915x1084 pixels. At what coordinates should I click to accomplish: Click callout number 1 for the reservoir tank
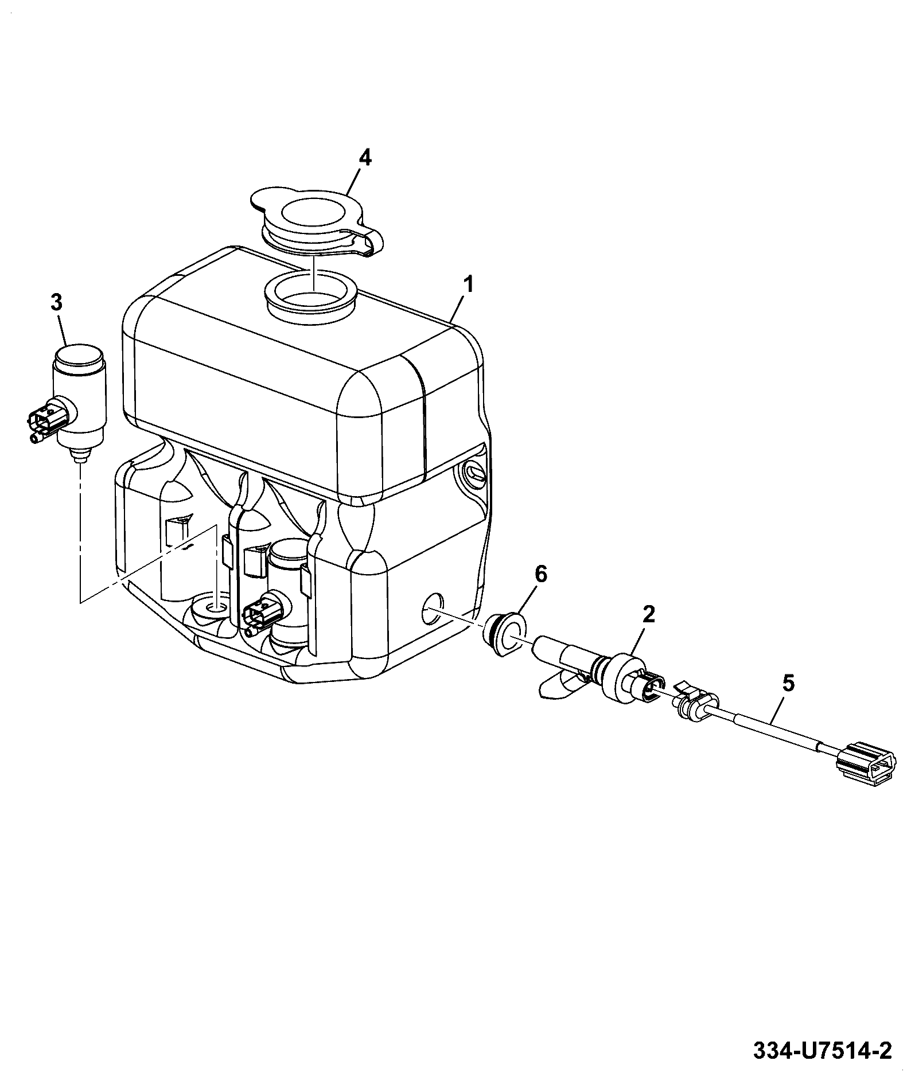(469, 284)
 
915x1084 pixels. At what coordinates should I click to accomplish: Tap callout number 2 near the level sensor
(648, 615)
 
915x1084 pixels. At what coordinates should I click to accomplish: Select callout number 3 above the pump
(57, 302)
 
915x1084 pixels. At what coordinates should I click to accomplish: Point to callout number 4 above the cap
(365, 157)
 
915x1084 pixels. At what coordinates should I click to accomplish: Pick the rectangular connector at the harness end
(865, 763)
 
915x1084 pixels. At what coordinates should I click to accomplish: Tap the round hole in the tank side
(433, 609)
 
